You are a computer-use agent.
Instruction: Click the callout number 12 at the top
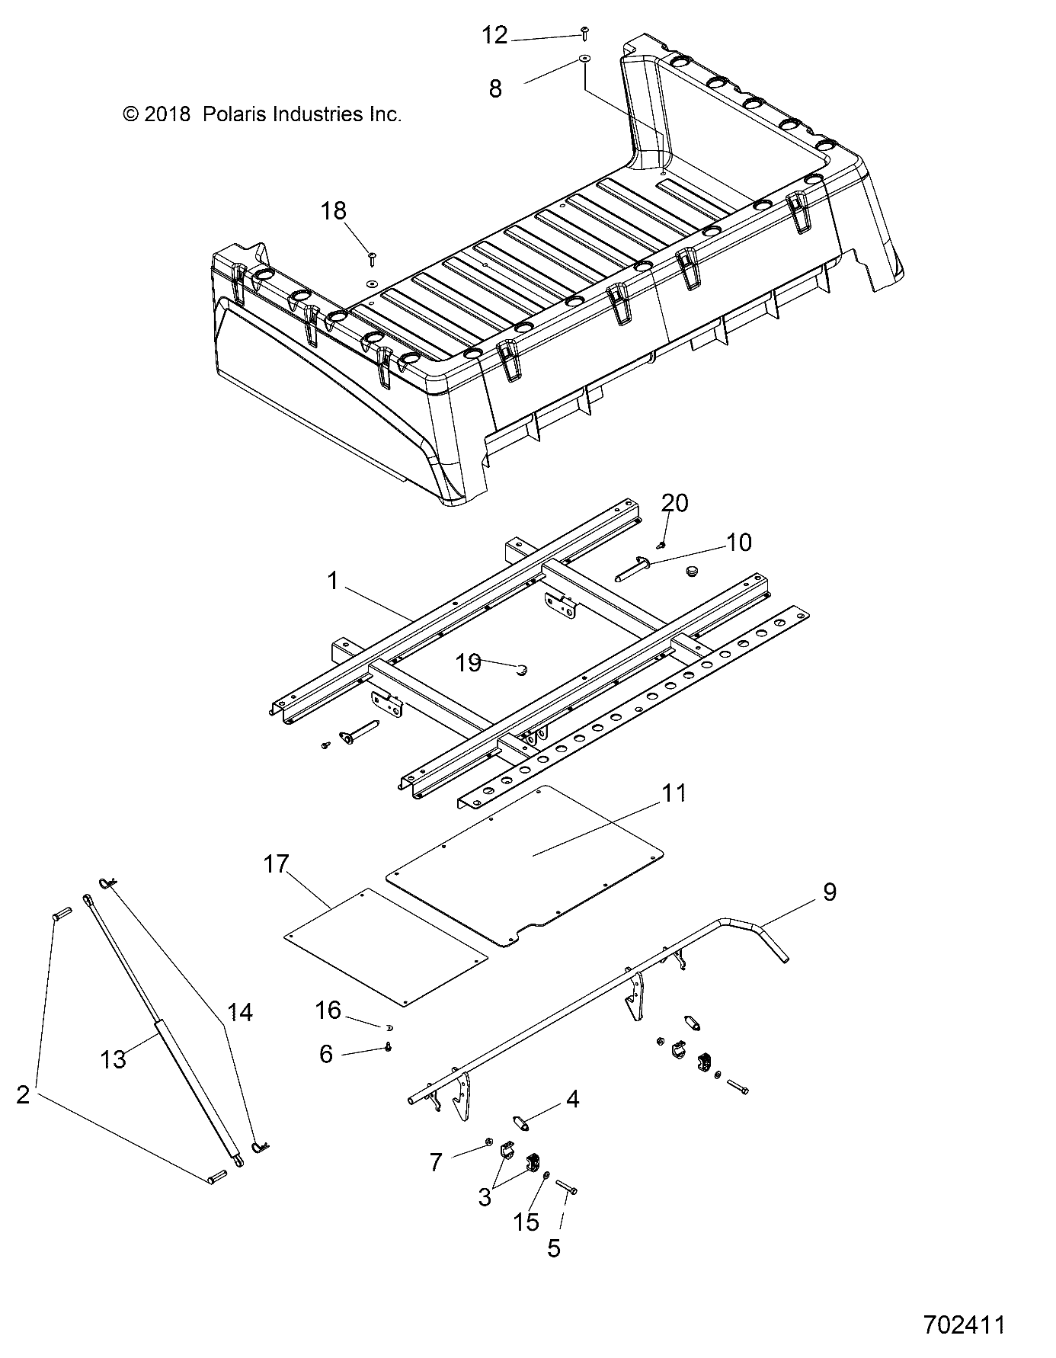pyautogui.click(x=494, y=35)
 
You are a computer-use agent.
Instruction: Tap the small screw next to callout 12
pyautogui.click(x=584, y=33)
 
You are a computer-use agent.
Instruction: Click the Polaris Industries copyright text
pyautogui.click(x=261, y=114)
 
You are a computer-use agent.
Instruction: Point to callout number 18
pyautogui.click(x=334, y=210)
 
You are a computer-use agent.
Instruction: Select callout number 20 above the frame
pyautogui.click(x=674, y=503)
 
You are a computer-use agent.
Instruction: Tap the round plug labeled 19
pyautogui.click(x=522, y=670)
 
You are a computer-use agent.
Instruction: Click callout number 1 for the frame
pyautogui.click(x=332, y=581)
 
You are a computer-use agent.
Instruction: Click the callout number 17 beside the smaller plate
pyautogui.click(x=277, y=864)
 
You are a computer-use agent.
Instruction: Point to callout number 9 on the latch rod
pyautogui.click(x=830, y=892)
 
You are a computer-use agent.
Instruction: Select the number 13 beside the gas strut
pyautogui.click(x=114, y=1059)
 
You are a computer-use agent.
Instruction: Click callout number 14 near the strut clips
pyautogui.click(x=239, y=1013)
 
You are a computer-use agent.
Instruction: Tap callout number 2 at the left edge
pyautogui.click(x=24, y=1095)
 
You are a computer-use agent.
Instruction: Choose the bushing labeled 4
pyautogui.click(x=521, y=1123)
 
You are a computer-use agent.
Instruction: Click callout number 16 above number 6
pyautogui.click(x=328, y=1010)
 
